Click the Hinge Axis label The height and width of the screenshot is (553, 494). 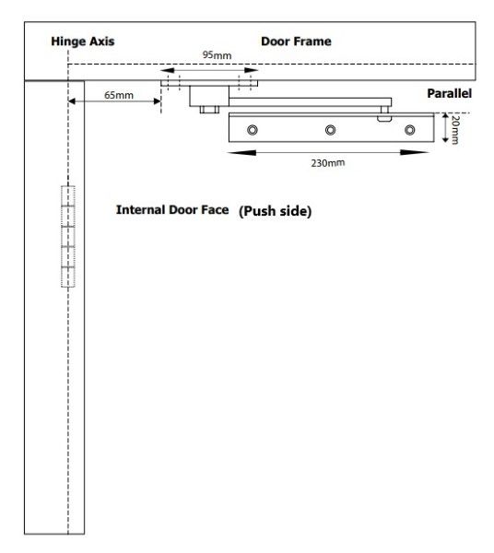(83, 41)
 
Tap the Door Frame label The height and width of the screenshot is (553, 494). (296, 41)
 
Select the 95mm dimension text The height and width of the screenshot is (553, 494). (217, 55)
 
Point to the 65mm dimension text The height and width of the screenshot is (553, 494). (119, 95)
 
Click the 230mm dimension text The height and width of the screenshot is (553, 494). (328, 163)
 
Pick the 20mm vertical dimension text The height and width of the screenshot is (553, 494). (455, 129)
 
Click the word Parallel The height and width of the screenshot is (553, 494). (449, 93)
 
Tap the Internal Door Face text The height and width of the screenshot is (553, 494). (172, 210)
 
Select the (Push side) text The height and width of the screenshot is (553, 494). (275, 211)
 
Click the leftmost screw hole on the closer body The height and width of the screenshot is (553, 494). (253, 130)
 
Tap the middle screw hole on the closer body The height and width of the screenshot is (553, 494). (330, 130)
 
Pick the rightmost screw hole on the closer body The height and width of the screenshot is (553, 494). (409, 130)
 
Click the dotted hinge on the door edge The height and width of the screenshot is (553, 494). (68, 236)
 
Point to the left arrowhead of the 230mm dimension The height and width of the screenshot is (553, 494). (241, 153)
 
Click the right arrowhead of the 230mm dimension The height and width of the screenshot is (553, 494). (415, 152)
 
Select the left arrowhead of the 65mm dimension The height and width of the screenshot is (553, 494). (72, 101)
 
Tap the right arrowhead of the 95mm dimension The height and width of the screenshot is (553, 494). (251, 70)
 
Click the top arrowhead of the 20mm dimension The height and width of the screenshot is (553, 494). (446, 116)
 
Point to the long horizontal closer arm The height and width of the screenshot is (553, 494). (310, 102)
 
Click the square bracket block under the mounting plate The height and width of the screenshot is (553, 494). (209, 96)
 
